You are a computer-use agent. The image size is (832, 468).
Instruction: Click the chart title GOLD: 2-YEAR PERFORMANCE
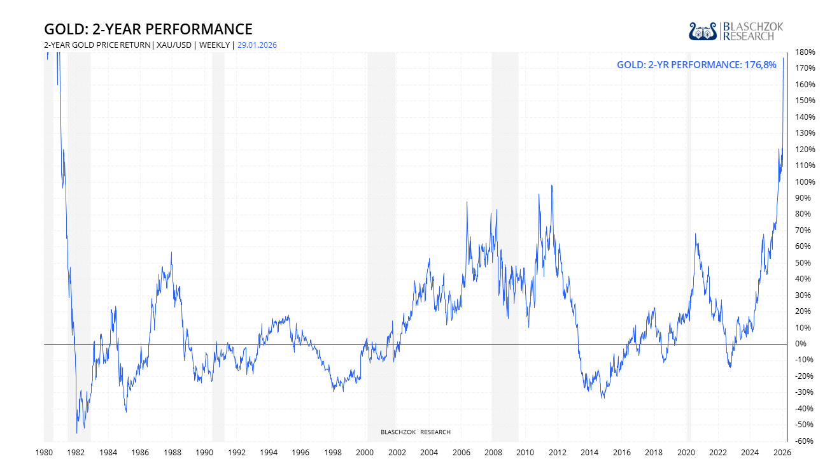coord(148,29)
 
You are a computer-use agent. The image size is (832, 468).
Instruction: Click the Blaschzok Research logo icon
coord(703,31)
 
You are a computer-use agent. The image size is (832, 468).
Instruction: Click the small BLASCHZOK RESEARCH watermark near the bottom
coord(415,432)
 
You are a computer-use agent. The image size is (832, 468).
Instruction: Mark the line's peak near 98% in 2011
coord(551,185)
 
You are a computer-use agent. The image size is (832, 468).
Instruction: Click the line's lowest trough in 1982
coord(77,433)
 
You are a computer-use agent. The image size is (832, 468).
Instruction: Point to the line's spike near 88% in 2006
coord(467,202)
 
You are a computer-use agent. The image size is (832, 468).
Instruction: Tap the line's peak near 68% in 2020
coord(695,234)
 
